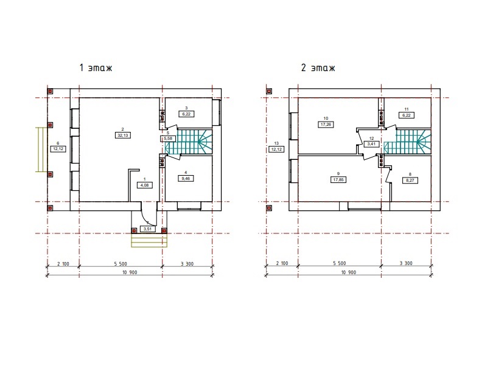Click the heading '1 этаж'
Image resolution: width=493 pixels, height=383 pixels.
point(96,67)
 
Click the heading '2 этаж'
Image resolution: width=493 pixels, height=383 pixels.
point(318,67)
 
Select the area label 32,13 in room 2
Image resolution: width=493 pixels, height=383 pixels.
point(122,136)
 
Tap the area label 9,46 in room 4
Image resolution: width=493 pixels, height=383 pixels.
point(186,179)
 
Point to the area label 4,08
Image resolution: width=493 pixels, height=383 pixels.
point(145,185)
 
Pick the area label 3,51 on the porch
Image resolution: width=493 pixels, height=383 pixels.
point(147,229)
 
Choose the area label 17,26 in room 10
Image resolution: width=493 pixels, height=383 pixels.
point(326,125)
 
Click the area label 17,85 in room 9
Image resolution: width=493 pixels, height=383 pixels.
point(338,180)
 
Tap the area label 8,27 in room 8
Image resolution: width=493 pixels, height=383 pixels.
point(410,181)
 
